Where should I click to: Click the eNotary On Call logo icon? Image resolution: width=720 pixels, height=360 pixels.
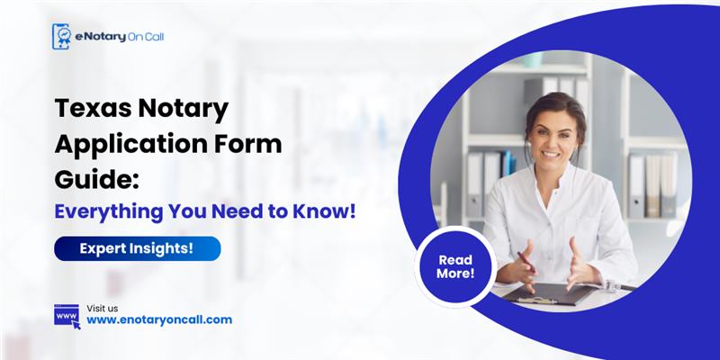click(x=61, y=37)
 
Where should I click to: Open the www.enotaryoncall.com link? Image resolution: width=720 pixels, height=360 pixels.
click(x=159, y=319)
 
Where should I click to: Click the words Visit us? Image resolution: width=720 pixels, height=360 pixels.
click(x=102, y=307)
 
